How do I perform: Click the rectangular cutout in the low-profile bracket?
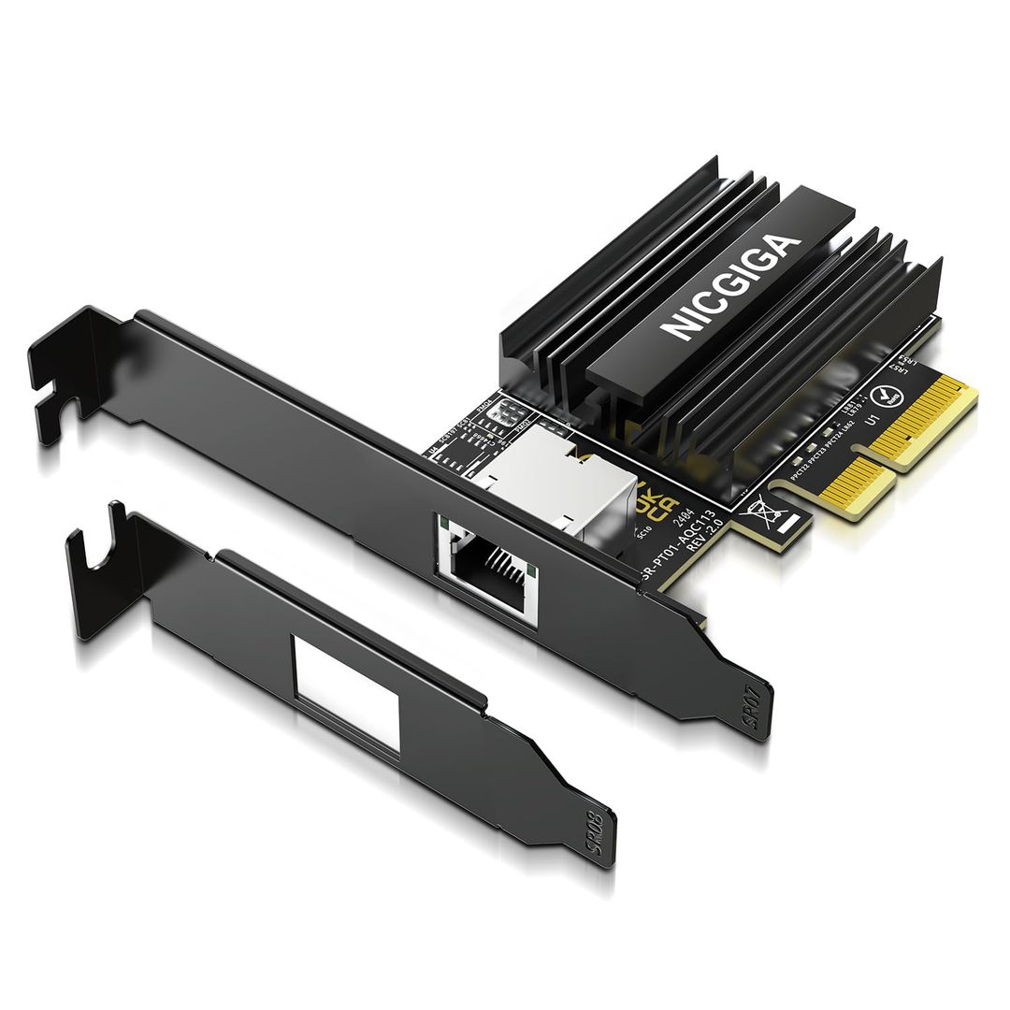pos(346,692)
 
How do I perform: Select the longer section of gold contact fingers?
pos(926,421)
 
